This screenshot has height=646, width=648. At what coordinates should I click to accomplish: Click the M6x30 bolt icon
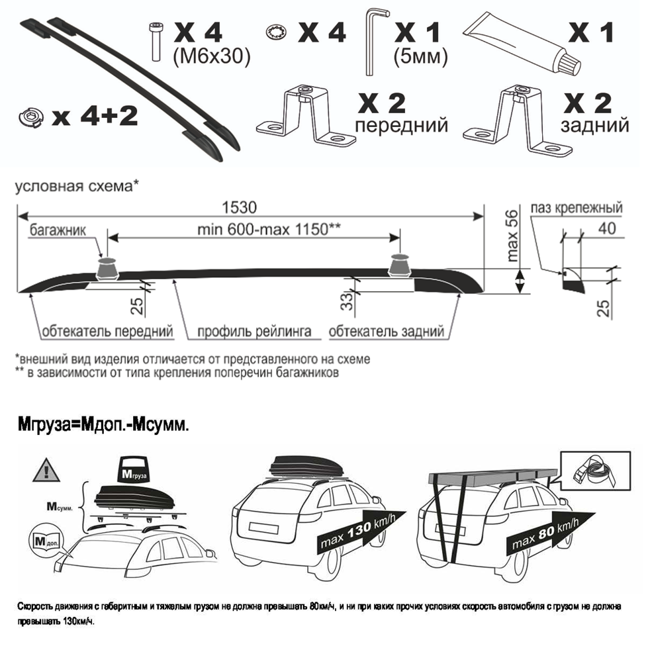[x=156, y=42]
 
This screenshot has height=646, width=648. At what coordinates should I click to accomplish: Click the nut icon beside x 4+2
[x=31, y=117]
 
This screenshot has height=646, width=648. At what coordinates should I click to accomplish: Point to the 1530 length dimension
[x=240, y=207]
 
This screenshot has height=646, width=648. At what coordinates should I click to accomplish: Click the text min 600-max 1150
[x=269, y=229]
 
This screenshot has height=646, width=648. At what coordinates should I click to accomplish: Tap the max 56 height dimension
[x=512, y=236]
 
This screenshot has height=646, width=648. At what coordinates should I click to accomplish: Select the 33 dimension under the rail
[x=348, y=300]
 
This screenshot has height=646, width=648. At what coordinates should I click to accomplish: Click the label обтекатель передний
[x=107, y=332]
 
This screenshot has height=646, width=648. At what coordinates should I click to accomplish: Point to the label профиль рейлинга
[x=254, y=332]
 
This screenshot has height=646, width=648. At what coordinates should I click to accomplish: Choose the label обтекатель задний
[x=387, y=332]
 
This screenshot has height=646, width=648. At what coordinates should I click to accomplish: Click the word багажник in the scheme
[x=58, y=230]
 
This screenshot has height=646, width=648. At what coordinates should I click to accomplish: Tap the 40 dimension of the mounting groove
[x=607, y=228]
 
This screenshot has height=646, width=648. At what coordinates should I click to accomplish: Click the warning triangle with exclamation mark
[x=46, y=470]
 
